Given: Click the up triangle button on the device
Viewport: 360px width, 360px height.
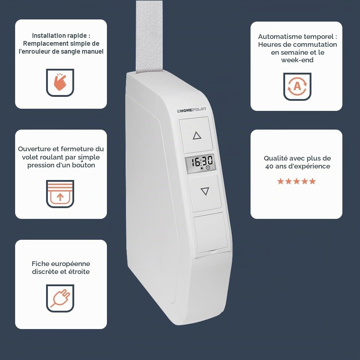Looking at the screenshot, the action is point(196,135).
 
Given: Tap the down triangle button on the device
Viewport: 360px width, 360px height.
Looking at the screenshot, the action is point(205,193).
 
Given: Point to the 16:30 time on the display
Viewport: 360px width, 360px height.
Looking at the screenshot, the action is point(202,161).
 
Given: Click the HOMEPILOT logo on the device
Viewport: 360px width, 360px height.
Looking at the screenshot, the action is point(192,110).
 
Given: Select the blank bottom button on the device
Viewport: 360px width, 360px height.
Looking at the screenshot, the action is point(211,232).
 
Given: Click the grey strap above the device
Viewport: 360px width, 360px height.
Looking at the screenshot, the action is point(149,37).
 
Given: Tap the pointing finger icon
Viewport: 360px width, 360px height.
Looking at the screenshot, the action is point(60,82).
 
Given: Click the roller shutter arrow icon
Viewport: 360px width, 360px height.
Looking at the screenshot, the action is point(60,194).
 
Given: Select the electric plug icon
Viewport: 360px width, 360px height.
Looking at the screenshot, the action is point(60,298).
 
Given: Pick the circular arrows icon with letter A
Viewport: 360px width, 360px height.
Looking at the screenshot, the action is point(297,86).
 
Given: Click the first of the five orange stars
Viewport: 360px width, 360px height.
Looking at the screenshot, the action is point(280,181).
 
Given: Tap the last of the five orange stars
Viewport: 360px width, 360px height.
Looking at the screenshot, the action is point(312,181).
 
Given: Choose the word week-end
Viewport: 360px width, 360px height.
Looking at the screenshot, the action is point(297,60).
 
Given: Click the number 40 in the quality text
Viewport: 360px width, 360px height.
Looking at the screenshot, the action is point(269,166).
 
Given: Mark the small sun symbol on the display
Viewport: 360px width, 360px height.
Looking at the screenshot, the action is point(202,168).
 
